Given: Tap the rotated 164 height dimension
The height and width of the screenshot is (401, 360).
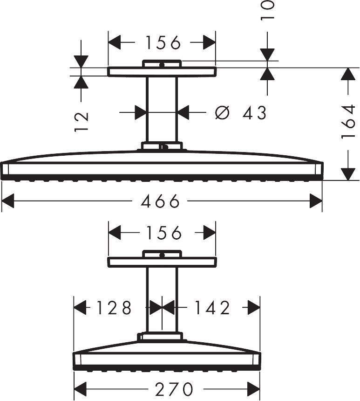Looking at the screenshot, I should point(348,122).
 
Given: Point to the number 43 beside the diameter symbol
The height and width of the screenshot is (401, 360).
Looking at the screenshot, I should point(254,112).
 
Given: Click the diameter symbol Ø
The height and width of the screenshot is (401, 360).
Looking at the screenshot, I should point(223,112).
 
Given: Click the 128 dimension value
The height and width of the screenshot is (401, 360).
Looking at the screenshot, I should point(114,308).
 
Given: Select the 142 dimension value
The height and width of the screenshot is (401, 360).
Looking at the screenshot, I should point(211,308).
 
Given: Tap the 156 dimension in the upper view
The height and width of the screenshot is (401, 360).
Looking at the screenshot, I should point(162,43).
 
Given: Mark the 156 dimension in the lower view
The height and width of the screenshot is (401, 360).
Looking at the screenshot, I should point(162,232).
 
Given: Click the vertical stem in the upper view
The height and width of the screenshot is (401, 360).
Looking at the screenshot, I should point(162,110).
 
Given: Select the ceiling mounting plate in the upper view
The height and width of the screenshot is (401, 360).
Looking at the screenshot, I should point(162,72).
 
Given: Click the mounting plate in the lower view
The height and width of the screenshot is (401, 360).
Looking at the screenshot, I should point(162,262).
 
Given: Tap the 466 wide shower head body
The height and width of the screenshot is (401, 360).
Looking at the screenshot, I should point(162,168).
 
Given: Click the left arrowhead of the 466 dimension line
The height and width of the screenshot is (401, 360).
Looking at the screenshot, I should point(7,201).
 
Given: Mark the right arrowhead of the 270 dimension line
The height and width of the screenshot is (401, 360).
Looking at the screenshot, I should point(255,388).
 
